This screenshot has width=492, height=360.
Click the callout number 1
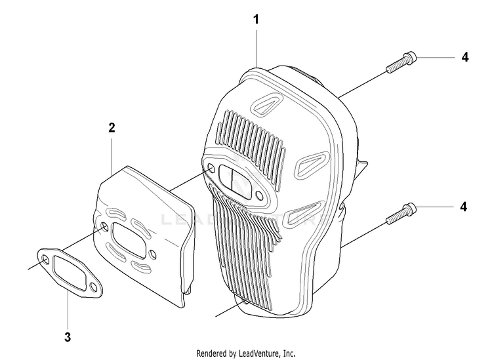[x=256, y=20]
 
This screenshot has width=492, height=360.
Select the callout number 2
[x=112, y=128]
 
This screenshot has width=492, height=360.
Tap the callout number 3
[x=68, y=337]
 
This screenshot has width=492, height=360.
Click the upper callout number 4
[x=464, y=58]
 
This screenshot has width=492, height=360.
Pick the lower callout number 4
[x=463, y=207]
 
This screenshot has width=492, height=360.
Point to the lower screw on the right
[x=401, y=214]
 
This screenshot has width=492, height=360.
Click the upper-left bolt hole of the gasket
[x=45, y=260]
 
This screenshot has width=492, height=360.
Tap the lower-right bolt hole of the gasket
[x=93, y=287]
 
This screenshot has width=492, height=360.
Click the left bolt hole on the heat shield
[x=104, y=226]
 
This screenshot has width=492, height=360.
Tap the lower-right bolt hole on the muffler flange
[x=259, y=195]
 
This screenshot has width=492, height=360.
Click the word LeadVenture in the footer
[x=257, y=353]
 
